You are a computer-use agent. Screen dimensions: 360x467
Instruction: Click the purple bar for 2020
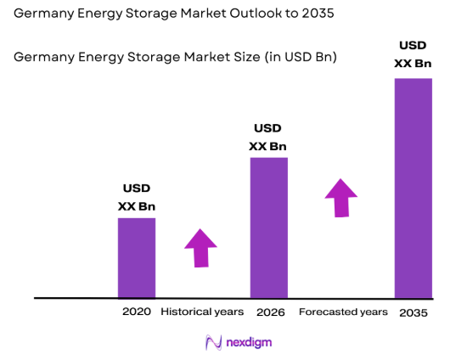(x=136, y=258)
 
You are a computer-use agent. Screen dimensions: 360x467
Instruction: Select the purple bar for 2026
(x=268, y=228)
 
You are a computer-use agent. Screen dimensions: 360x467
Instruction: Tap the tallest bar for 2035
(x=413, y=188)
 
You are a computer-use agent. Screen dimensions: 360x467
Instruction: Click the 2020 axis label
(x=136, y=312)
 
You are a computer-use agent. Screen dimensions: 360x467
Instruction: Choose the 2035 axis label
(x=413, y=312)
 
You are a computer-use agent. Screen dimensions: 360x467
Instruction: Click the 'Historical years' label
(x=202, y=312)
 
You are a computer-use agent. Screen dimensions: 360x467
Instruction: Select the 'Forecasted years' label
(x=343, y=312)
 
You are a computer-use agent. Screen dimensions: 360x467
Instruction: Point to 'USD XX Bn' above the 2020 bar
(x=137, y=197)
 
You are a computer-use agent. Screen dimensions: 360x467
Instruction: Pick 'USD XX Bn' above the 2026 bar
(x=268, y=138)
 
